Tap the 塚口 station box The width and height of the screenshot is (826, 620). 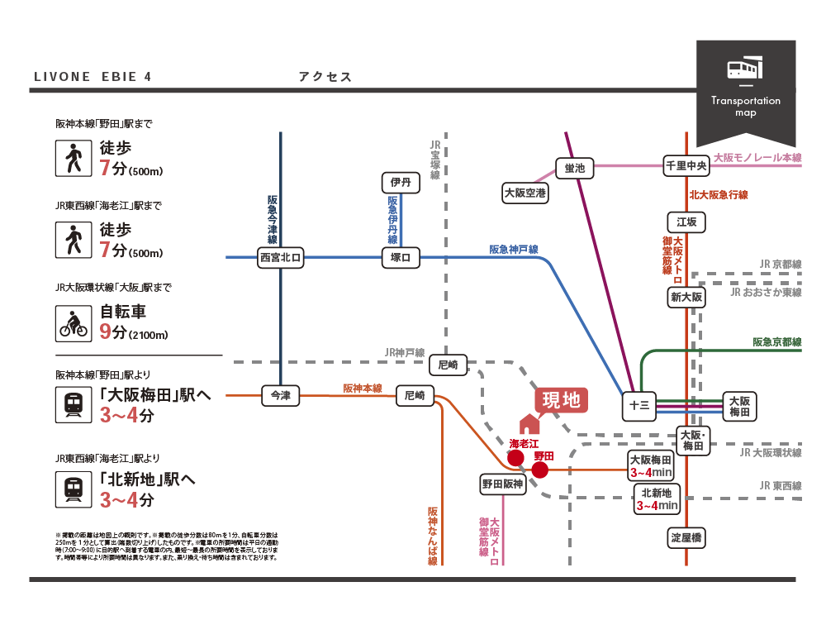pos(401,258)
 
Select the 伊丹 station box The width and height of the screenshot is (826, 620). pos(401,182)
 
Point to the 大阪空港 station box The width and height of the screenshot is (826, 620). pos(525,193)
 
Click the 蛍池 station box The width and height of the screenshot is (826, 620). pos(575,168)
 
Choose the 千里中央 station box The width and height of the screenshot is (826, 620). pos(686,165)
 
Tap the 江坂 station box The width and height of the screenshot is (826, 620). pos(686,222)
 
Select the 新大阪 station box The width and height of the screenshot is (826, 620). pos(686,297)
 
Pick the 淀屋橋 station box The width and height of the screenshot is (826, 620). pos(686,537)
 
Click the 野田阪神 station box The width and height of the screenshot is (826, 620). pos(503,484)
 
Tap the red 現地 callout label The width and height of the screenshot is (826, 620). pos(561,401)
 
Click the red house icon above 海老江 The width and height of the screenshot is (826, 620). pos(529,424)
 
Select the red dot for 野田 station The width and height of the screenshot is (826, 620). pos(540,470)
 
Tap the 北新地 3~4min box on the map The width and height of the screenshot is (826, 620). pos(657,498)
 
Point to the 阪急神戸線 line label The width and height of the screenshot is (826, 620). pos(514,249)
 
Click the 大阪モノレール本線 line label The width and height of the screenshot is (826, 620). pos(757,157)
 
